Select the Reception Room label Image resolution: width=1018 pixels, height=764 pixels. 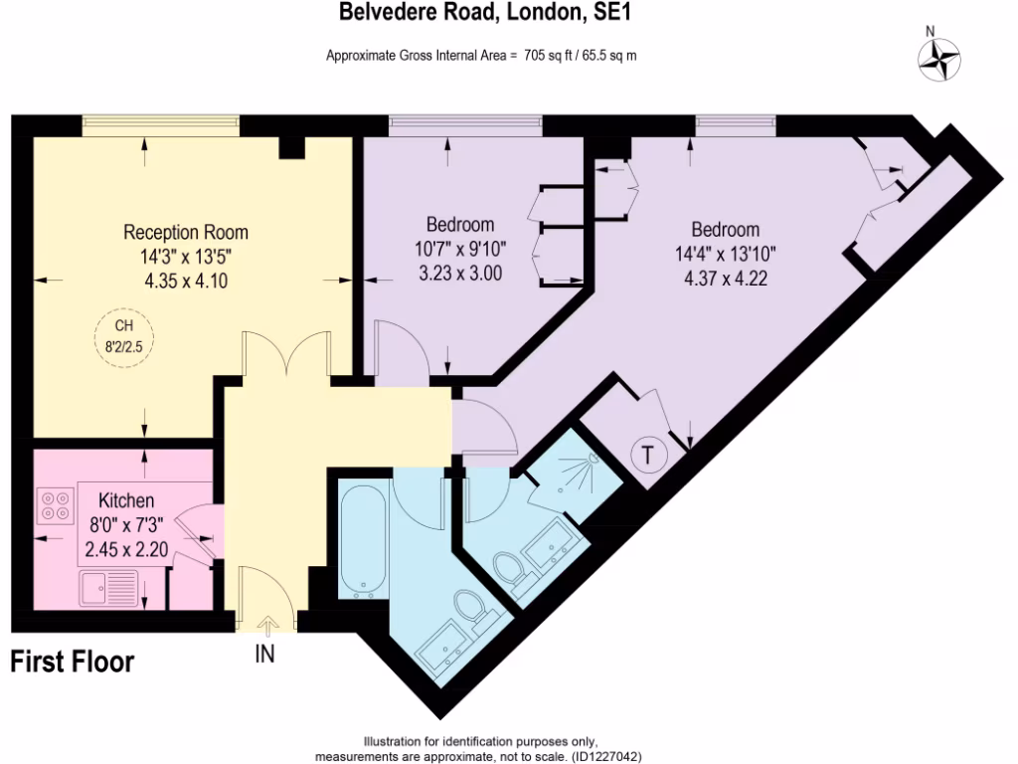(x=186, y=233)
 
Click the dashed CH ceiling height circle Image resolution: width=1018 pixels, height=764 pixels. (x=124, y=336)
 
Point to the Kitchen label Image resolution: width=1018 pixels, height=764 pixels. (x=126, y=501)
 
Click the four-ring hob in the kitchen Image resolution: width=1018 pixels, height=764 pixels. (x=56, y=505)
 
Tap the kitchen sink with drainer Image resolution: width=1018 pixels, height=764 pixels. (x=109, y=589)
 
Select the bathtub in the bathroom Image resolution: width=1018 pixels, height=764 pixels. (x=363, y=539)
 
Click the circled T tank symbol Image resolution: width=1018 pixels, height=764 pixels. (x=647, y=456)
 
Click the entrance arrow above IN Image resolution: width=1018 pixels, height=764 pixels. (x=265, y=624)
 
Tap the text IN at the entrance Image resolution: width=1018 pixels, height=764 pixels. (x=265, y=654)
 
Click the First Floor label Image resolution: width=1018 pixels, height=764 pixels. (x=73, y=662)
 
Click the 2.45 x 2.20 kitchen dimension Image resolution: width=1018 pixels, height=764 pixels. (x=126, y=546)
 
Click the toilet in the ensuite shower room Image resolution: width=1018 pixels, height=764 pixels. (x=510, y=574)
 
